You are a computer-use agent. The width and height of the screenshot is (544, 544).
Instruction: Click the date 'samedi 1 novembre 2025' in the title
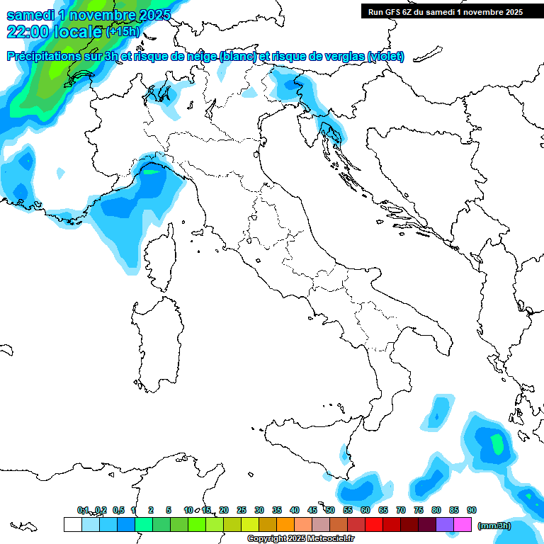(x=89, y=15)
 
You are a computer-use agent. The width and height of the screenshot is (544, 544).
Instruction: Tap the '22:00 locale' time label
(x=55, y=31)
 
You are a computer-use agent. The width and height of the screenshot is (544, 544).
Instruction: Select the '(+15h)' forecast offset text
(x=123, y=31)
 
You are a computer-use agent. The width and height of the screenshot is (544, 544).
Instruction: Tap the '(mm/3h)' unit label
(x=494, y=525)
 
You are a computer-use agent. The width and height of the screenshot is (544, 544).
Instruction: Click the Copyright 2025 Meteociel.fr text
(x=300, y=539)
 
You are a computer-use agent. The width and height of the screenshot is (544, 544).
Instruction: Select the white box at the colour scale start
(x=72, y=524)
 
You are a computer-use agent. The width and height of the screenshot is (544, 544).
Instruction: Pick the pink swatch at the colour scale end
(x=463, y=524)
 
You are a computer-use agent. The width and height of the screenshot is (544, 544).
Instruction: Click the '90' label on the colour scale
(x=472, y=510)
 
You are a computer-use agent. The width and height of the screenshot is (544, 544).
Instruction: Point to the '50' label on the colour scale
(x=330, y=510)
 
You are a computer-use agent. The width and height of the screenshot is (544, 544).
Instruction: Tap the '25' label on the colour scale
(x=242, y=510)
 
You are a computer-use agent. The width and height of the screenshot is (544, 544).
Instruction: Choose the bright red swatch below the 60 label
(x=374, y=524)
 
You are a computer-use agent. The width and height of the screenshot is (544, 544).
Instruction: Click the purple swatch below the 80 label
(x=445, y=524)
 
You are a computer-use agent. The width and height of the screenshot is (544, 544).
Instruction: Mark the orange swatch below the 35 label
(x=285, y=524)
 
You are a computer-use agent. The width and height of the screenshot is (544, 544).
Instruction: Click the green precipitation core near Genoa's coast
(x=151, y=170)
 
